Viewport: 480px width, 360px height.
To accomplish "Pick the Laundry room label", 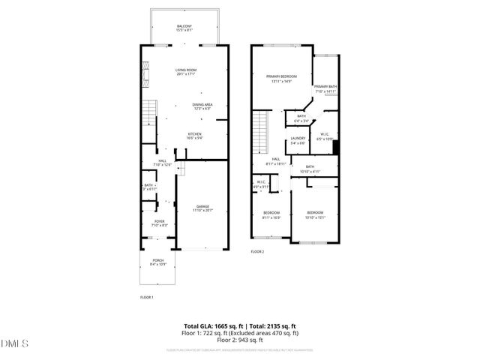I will tap(297, 139).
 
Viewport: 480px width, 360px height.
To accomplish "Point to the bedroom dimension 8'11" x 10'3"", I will tap(271, 217).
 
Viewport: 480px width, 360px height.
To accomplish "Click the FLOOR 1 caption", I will tap(147, 298).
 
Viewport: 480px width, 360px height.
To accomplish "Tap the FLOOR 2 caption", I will tap(257, 251).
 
